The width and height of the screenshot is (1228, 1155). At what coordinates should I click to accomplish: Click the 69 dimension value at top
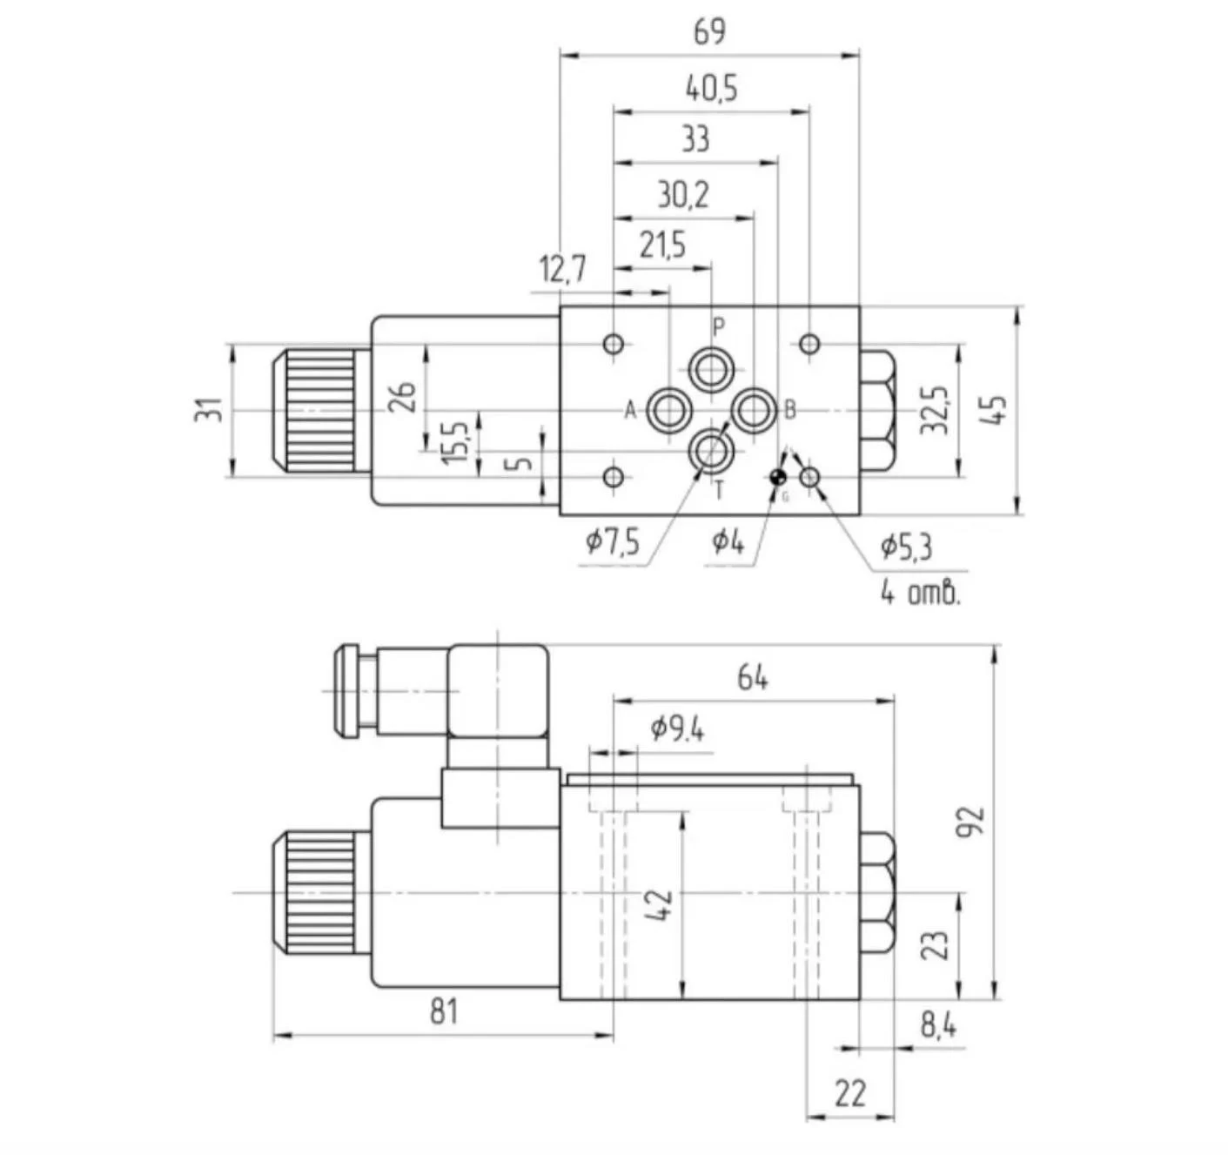tap(709, 32)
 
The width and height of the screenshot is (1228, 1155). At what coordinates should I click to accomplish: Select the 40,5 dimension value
tap(711, 88)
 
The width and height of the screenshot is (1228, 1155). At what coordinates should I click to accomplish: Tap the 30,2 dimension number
tap(683, 195)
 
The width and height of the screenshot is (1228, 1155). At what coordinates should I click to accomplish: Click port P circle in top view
tap(712, 368)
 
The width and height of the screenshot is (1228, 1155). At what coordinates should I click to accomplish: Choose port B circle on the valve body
tap(754, 410)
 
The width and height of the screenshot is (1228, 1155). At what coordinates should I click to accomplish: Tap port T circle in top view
tap(712, 452)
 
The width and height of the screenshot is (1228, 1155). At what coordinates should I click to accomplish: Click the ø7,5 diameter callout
tap(613, 542)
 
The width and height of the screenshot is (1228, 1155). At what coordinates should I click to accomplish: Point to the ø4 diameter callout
tap(728, 541)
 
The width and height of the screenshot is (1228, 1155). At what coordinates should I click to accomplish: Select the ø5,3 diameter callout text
tap(905, 547)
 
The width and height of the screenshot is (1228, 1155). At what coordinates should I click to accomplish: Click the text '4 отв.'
tap(920, 594)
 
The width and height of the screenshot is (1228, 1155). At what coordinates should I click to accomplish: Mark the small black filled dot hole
tap(778, 476)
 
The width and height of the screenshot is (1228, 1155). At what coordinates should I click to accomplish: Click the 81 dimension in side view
tap(443, 1011)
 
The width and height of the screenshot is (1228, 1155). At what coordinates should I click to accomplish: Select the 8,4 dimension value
tap(938, 1026)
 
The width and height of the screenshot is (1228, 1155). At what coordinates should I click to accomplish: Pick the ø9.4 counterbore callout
tap(677, 729)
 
